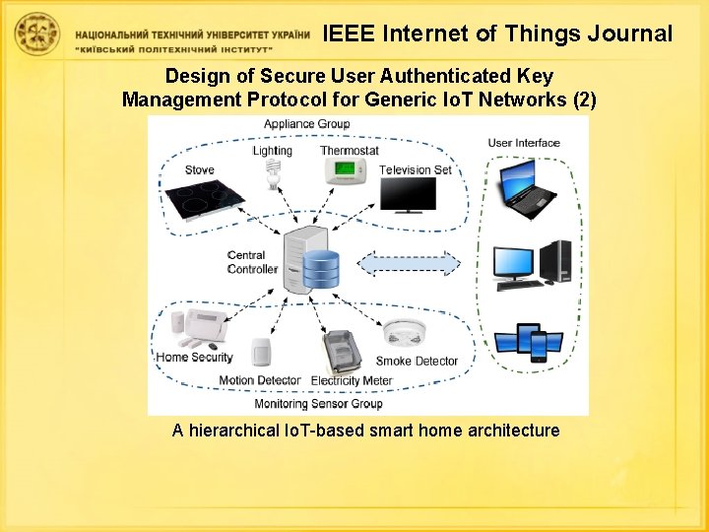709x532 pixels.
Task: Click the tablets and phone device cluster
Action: [528, 340]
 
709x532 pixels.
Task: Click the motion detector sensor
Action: [261, 351]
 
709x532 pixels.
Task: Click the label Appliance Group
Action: [306, 124]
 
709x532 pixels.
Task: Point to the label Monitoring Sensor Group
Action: [318, 404]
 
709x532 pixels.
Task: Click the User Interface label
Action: [523, 143]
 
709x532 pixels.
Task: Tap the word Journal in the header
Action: [629, 33]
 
